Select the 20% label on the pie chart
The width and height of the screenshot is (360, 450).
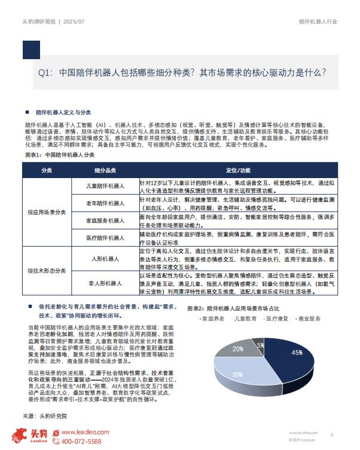pos(238,348)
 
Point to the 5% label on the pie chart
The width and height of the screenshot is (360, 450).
pos(260,345)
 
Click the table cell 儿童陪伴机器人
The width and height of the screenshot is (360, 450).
pos(105,187)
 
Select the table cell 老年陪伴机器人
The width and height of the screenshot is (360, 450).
pos(105,204)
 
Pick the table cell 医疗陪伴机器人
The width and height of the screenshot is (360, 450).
pos(105,237)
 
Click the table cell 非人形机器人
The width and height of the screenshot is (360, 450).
pos(105,283)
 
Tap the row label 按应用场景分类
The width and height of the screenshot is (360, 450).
pos(47,212)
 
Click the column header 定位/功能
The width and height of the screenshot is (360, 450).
pos(238,170)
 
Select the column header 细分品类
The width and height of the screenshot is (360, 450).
pos(105,170)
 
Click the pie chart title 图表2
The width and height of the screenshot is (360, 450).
pos(237,308)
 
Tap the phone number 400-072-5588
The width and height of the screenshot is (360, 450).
pos(81,441)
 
